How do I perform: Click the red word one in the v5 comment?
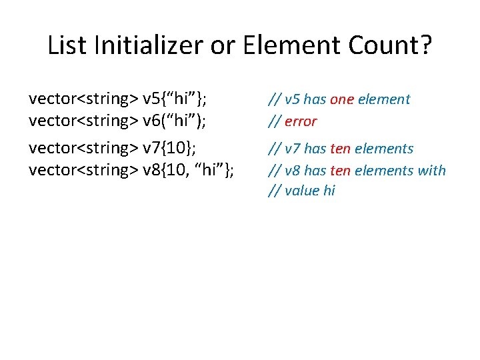click(341, 99)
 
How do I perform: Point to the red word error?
click(301, 121)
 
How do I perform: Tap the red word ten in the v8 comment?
click(340, 170)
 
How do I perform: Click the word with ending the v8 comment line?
click(431, 170)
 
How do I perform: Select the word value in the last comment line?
click(301, 191)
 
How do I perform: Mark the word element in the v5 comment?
click(384, 99)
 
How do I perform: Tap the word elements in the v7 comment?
click(384, 148)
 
